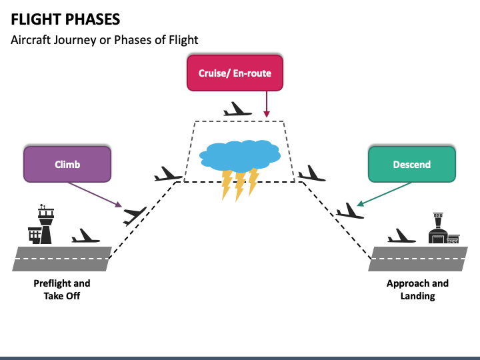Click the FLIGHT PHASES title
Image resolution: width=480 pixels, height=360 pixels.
point(65,19)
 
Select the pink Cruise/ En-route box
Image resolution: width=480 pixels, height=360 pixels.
point(235,73)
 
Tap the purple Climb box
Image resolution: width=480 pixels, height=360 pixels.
point(67,164)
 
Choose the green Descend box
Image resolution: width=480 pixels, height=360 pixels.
point(412,164)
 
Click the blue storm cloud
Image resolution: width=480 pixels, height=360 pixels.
point(240,156)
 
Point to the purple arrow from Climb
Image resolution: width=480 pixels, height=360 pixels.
point(95,195)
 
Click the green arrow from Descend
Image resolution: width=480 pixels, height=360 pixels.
point(384,195)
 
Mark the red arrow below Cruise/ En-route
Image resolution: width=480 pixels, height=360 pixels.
point(267,104)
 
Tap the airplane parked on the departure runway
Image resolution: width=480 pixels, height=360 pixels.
point(85,236)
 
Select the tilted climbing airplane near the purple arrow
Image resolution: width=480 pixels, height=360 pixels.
point(135,215)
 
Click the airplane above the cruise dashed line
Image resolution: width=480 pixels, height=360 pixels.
point(237,109)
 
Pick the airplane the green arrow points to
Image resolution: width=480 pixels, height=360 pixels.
point(350,211)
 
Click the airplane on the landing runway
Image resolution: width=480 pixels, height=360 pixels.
point(401,236)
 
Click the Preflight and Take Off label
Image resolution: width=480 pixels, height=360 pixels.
point(62,289)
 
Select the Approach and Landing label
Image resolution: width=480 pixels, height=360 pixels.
point(417,289)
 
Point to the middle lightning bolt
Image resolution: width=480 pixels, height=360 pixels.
point(240,186)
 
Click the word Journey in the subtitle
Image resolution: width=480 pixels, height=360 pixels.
point(75,40)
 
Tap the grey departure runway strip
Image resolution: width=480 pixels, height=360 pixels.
point(62,259)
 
